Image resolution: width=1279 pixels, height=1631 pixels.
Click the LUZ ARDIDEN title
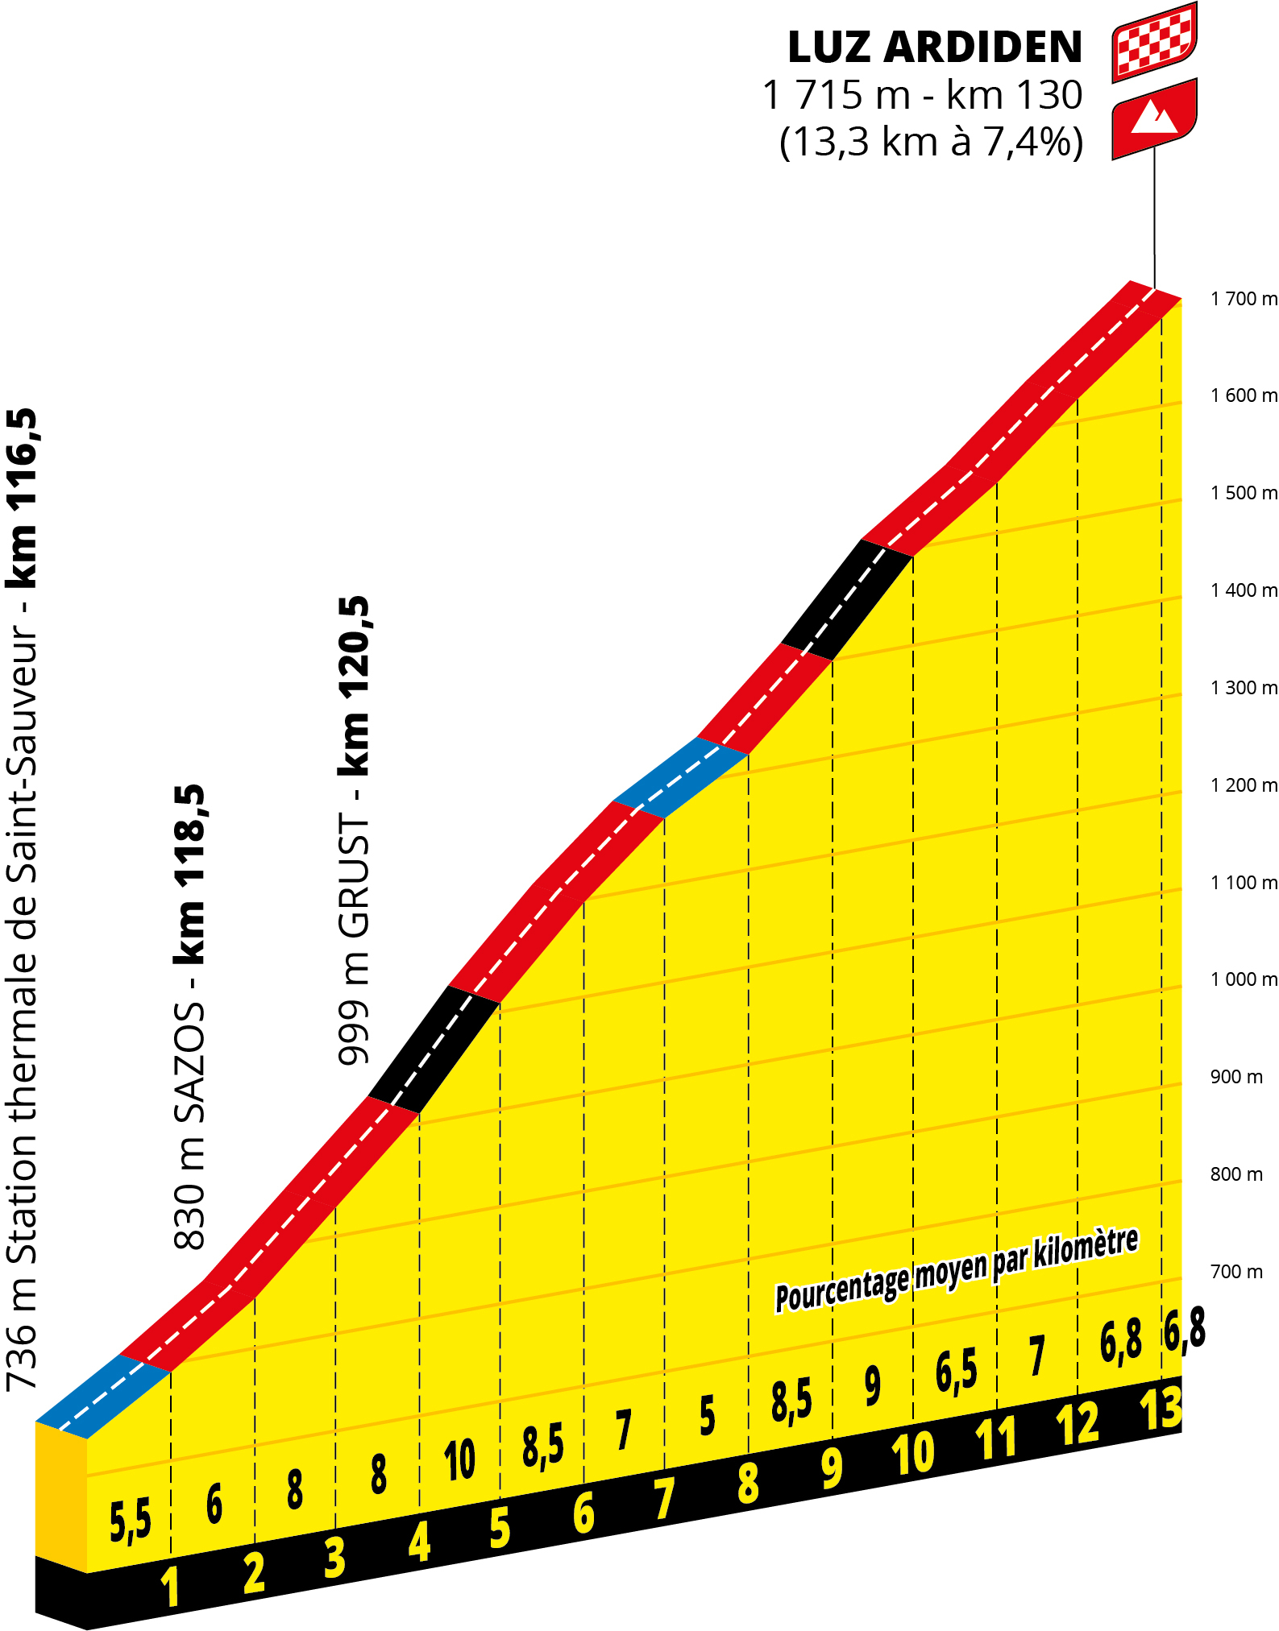[934, 48]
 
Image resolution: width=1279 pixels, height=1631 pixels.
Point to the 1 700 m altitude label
[1243, 299]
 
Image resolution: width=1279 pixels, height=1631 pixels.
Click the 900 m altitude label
[1235, 1077]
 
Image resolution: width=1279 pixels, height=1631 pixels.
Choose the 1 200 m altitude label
[1243, 785]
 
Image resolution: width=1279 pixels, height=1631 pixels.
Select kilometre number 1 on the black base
[169, 1586]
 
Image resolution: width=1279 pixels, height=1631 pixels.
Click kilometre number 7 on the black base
[663, 1500]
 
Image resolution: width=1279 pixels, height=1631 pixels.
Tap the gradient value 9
[872, 1386]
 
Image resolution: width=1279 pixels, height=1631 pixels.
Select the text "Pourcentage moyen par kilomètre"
[957, 1269]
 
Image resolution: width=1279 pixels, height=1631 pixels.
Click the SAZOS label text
[190, 1063]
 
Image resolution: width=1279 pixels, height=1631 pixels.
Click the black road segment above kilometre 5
[434, 1049]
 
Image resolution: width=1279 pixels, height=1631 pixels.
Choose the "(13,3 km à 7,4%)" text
[931, 142]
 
